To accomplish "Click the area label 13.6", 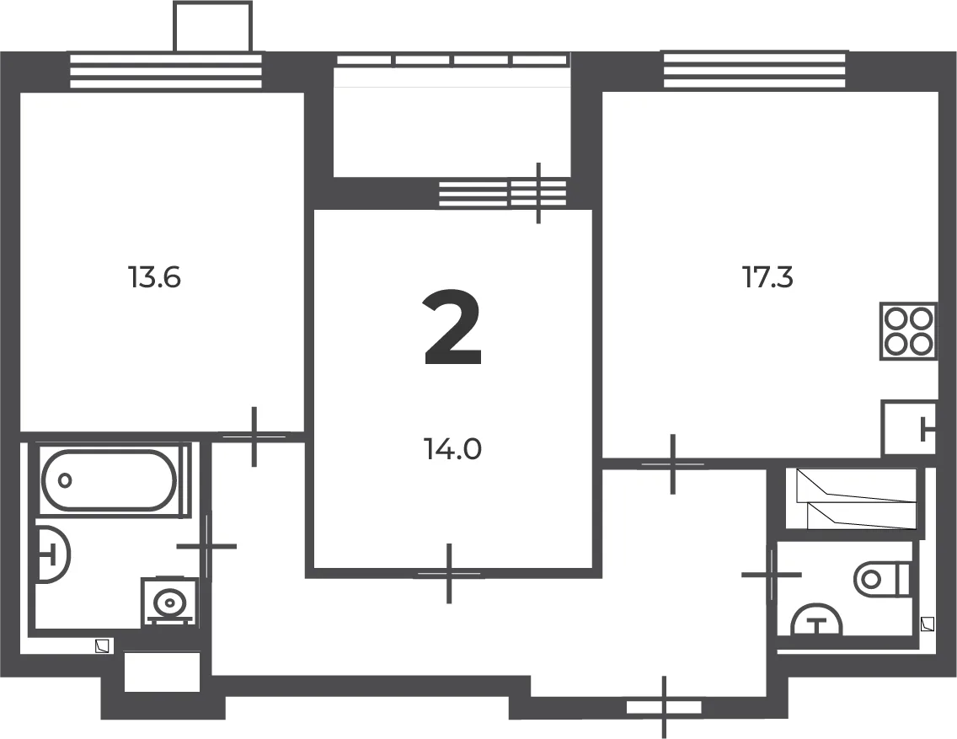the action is (x=154, y=278).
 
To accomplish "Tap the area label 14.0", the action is (x=452, y=450).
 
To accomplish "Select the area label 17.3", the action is (x=767, y=278).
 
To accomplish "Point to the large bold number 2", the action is (x=453, y=328).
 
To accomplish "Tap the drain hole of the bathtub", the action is (x=65, y=480).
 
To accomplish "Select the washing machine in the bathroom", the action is (x=169, y=602).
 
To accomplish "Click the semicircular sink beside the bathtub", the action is (x=53, y=554).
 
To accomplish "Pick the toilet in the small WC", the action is (x=883, y=579).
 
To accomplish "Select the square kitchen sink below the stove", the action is (x=909, y=428).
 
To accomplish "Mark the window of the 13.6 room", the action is (x=166, y=72).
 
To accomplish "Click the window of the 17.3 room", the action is (x=754, y=71).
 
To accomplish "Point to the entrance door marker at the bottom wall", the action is (x=664, y=707).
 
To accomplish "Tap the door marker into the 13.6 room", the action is (x=254, y=436).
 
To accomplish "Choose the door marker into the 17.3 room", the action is (x=672, y=464).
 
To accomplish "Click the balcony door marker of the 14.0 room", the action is (x=538, y=194).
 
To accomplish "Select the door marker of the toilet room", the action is (x=772, y=574).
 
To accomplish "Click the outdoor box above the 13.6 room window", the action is (x=212, y=27).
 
